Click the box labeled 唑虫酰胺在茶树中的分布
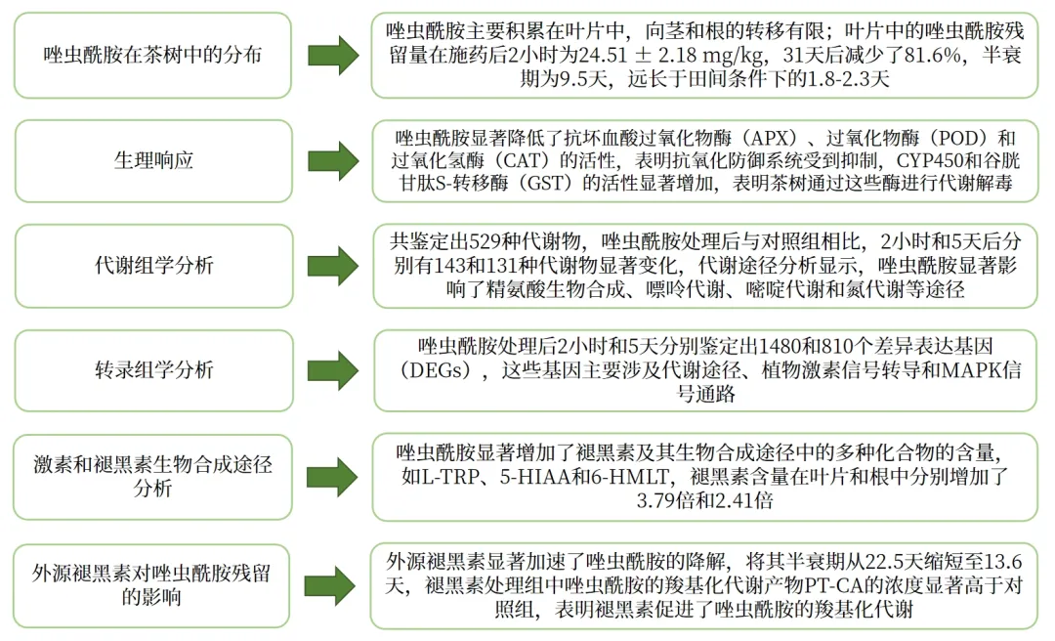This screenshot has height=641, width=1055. pyautogui.click(x=152, y=55)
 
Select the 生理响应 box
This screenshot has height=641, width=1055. pyautogui.click(x=152, y=160)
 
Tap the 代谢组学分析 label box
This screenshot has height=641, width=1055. pyautogui.click(x=152, y=266)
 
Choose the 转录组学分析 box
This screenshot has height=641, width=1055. pyautogui.click(x=152, y=370)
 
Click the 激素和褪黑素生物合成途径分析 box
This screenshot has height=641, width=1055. pyautogui.click(x=152, y=476)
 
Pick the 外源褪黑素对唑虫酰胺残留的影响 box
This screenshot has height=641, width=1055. pyautogui.click(x=152, y=584)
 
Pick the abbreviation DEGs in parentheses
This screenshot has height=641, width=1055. pyautogui.click(x=437, y=370)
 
